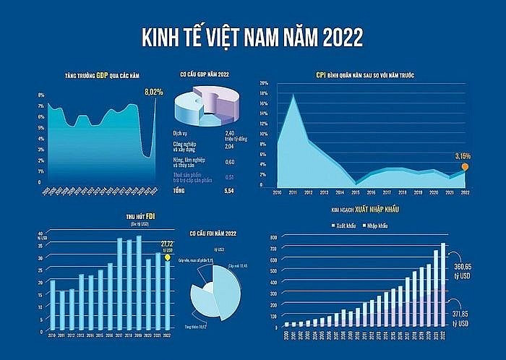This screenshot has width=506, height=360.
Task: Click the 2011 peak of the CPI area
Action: click(x=293, y=95)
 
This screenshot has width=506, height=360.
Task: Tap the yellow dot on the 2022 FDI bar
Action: click(x=167, y=257)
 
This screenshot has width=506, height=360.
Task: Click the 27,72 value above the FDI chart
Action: click(x=168, y=244)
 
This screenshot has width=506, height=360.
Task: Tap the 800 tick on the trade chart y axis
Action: click(x=273, y=236)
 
